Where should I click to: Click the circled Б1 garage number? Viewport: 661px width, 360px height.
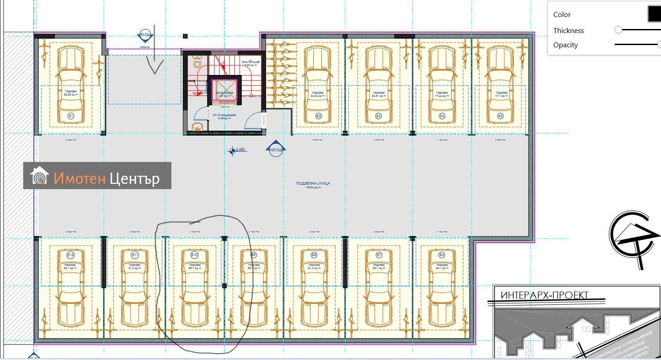point(71,116)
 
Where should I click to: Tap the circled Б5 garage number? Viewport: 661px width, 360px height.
point(500,116)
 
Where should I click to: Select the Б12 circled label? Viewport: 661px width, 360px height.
point(71,255)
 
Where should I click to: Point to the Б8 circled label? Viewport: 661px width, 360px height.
point(314,255)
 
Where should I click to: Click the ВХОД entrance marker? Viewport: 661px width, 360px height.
point(145,35)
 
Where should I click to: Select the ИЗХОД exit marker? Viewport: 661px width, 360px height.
point(276,149)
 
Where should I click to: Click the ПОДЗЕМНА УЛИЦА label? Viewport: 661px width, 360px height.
point(313,183)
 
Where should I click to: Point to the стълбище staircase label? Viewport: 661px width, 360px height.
point(250,62)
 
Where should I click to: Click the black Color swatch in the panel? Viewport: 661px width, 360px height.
point(654,14)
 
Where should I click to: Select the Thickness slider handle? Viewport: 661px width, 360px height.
point(618,30)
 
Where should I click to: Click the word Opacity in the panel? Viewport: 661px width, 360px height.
point(565,45)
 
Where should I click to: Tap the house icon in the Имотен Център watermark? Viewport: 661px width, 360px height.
point(39,176)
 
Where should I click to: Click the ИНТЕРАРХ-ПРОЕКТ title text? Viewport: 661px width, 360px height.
point(544,295)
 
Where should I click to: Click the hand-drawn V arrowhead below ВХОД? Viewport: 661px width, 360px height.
point(156,67)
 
